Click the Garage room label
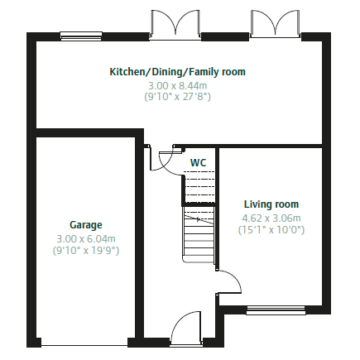pyautogui.click(x=86, y=225)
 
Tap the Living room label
pyautogui.click(x=271, y=204)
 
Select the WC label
pyautogui.click(x=198, y=163)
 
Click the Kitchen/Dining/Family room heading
pyautogui.click(x=178, y=72)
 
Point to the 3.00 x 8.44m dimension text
pyautogui.click(x=178, y=86)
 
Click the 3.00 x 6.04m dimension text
pyautogui.click(x=86, y=238)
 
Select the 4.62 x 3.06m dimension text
pyautogui.click(x=271, y=218)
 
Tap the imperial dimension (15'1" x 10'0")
pyautogui.click(x=271, y=230)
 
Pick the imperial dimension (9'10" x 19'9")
pyautogui.click(x=86, y=251)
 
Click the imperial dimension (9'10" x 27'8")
pyautogui.click(x=178, y=97)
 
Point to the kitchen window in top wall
pyautogui.click(x=81, y=36)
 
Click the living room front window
pyautogui.click(x=276, y=310)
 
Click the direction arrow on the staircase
pyautogui.click(x=199, y=220)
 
